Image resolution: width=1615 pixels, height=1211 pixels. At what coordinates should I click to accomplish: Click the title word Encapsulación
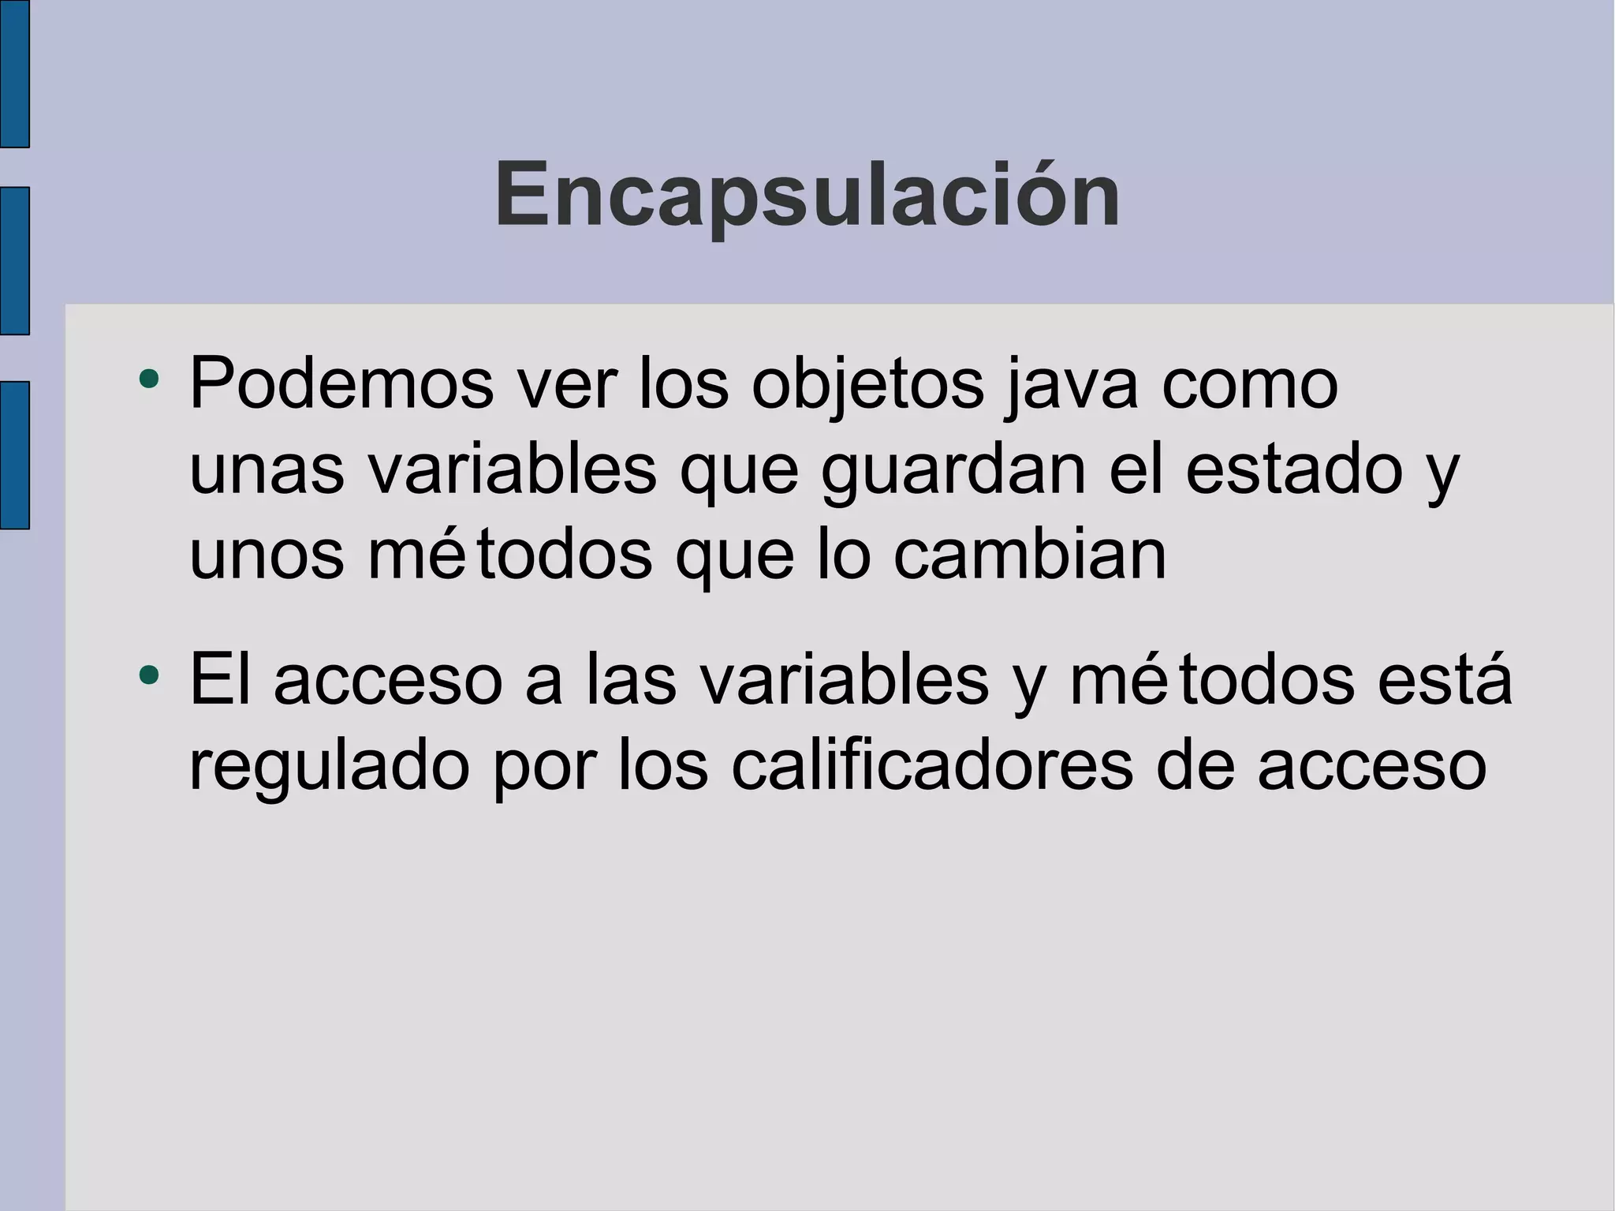point(807,195)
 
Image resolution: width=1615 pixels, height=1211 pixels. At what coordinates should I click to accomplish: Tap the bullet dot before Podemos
point(148,379)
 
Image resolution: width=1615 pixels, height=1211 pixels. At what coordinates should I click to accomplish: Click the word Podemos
point(341,384)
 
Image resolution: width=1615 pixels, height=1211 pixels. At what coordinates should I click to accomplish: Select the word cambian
point(1029,555)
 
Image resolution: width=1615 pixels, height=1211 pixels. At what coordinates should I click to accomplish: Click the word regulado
point(330,768)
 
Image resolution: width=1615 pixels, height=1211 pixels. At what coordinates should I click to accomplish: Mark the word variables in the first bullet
point(513,470)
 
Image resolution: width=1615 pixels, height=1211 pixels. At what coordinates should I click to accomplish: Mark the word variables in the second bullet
point(845,680)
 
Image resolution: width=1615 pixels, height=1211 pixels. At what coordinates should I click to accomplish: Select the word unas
point(267,471)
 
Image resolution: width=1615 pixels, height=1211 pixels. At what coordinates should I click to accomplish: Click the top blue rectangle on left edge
point(14,73)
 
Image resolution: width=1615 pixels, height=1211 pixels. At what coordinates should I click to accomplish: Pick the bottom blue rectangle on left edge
point(14,454)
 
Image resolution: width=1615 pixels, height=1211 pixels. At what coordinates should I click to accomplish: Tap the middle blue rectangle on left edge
point(14,260)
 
